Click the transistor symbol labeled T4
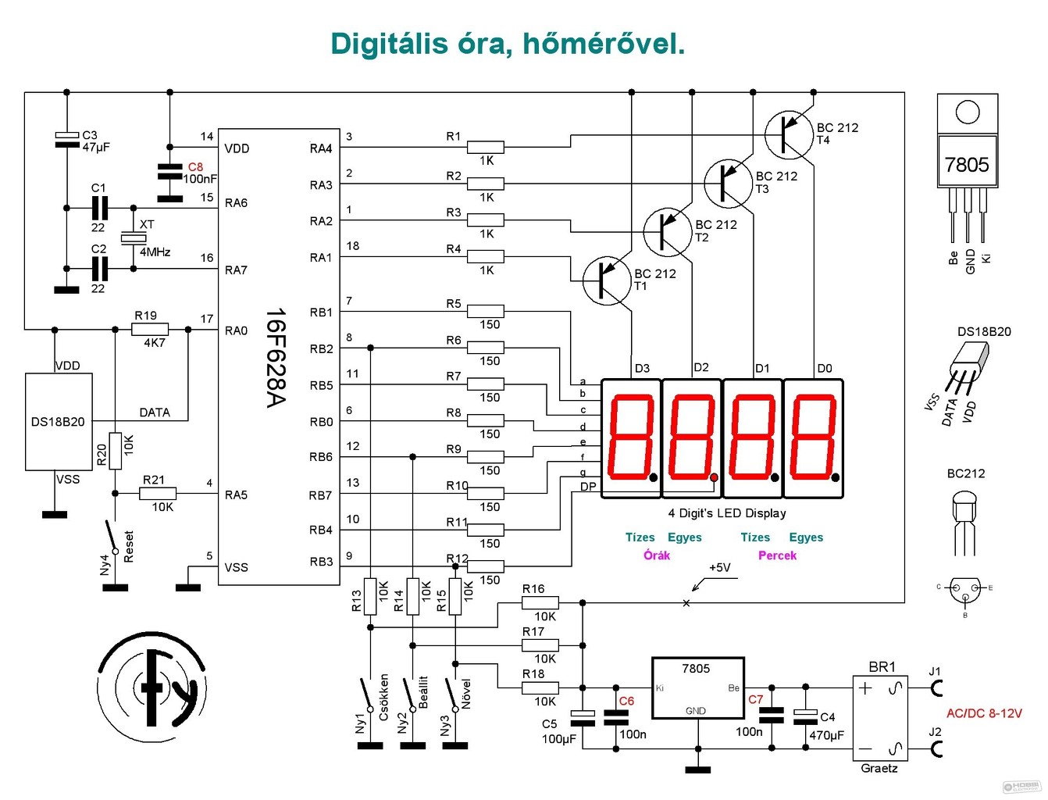(788, 135)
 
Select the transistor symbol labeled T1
(607, 281)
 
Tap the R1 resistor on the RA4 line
(485, 147)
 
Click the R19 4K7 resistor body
(150, 329)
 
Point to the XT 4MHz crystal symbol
(134, 238)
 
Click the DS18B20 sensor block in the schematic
(59, 422)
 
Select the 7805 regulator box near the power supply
(698, 687)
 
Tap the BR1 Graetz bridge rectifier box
(880, 718)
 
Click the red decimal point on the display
(714, 477)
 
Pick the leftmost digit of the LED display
(631, 438)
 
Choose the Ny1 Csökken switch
(366, 695)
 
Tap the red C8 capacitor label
(195, 166)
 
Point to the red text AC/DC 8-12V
(984, 713)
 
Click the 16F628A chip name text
(276, 358)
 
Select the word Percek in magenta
(777, 555)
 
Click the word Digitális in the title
(390, 45)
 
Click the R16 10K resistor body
(540, 603)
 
